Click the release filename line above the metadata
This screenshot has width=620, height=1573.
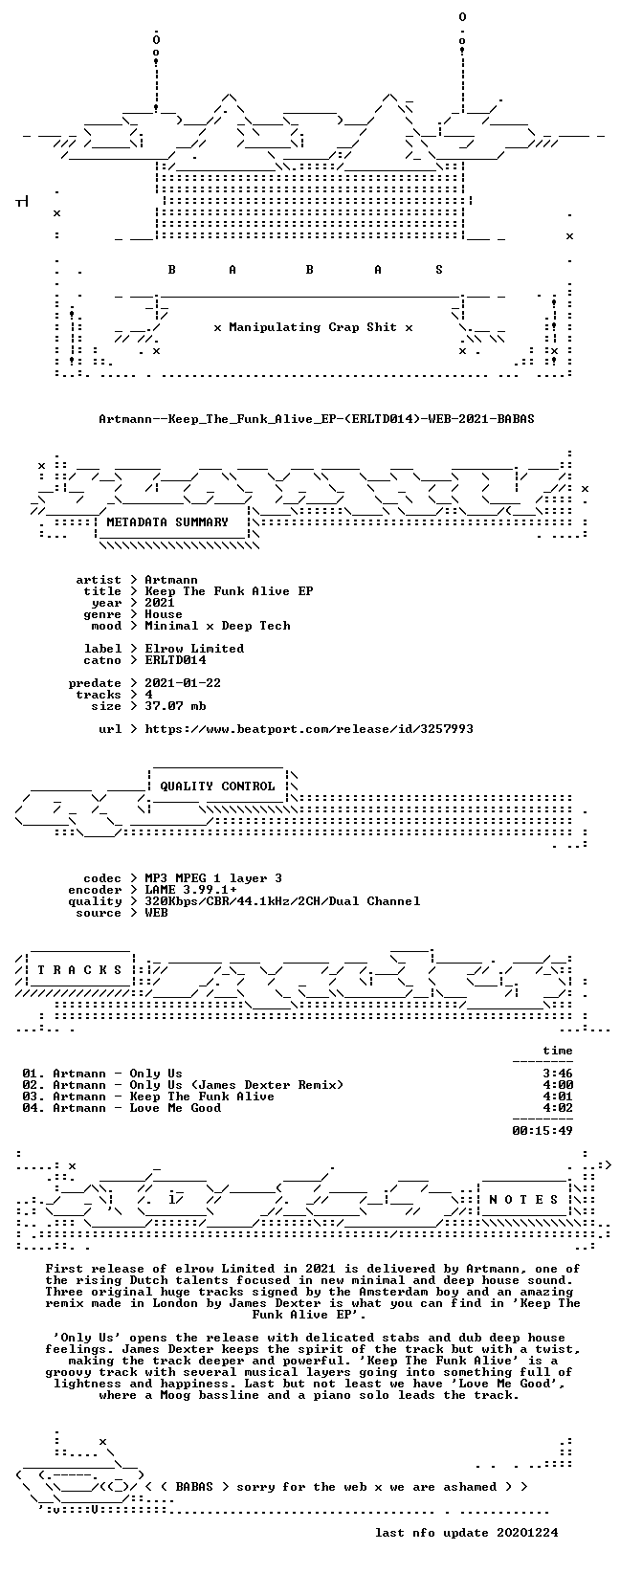[316, 419]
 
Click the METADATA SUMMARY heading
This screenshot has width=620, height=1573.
[167, 522]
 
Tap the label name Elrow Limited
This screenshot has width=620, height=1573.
[194, 649]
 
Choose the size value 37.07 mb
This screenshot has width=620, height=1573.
[175, 706]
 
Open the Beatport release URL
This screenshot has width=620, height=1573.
[309, 729]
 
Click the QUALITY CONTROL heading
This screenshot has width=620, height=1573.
[217, 786]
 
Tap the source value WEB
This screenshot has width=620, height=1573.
[156, 913]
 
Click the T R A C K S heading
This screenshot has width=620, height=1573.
[79, 970]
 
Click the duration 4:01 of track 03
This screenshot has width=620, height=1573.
[558, 1097]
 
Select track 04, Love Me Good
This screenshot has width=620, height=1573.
[122, 1108]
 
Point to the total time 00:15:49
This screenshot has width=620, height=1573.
[542, 1131]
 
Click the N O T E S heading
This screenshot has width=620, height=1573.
[523, 1200]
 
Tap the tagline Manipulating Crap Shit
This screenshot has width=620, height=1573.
[313, 327]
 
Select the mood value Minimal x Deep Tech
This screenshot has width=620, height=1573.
[217, 626]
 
